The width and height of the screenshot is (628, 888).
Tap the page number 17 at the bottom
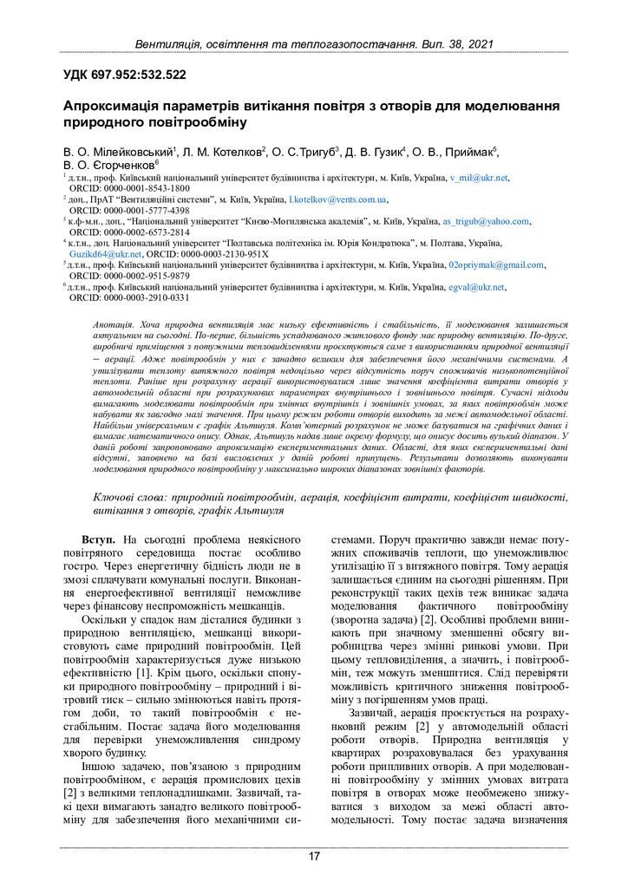click(314, 857)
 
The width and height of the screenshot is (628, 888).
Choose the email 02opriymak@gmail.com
click(496, 265)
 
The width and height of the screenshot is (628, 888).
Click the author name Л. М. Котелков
click(223, 152)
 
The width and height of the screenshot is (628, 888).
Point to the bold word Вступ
click(99, 540)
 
